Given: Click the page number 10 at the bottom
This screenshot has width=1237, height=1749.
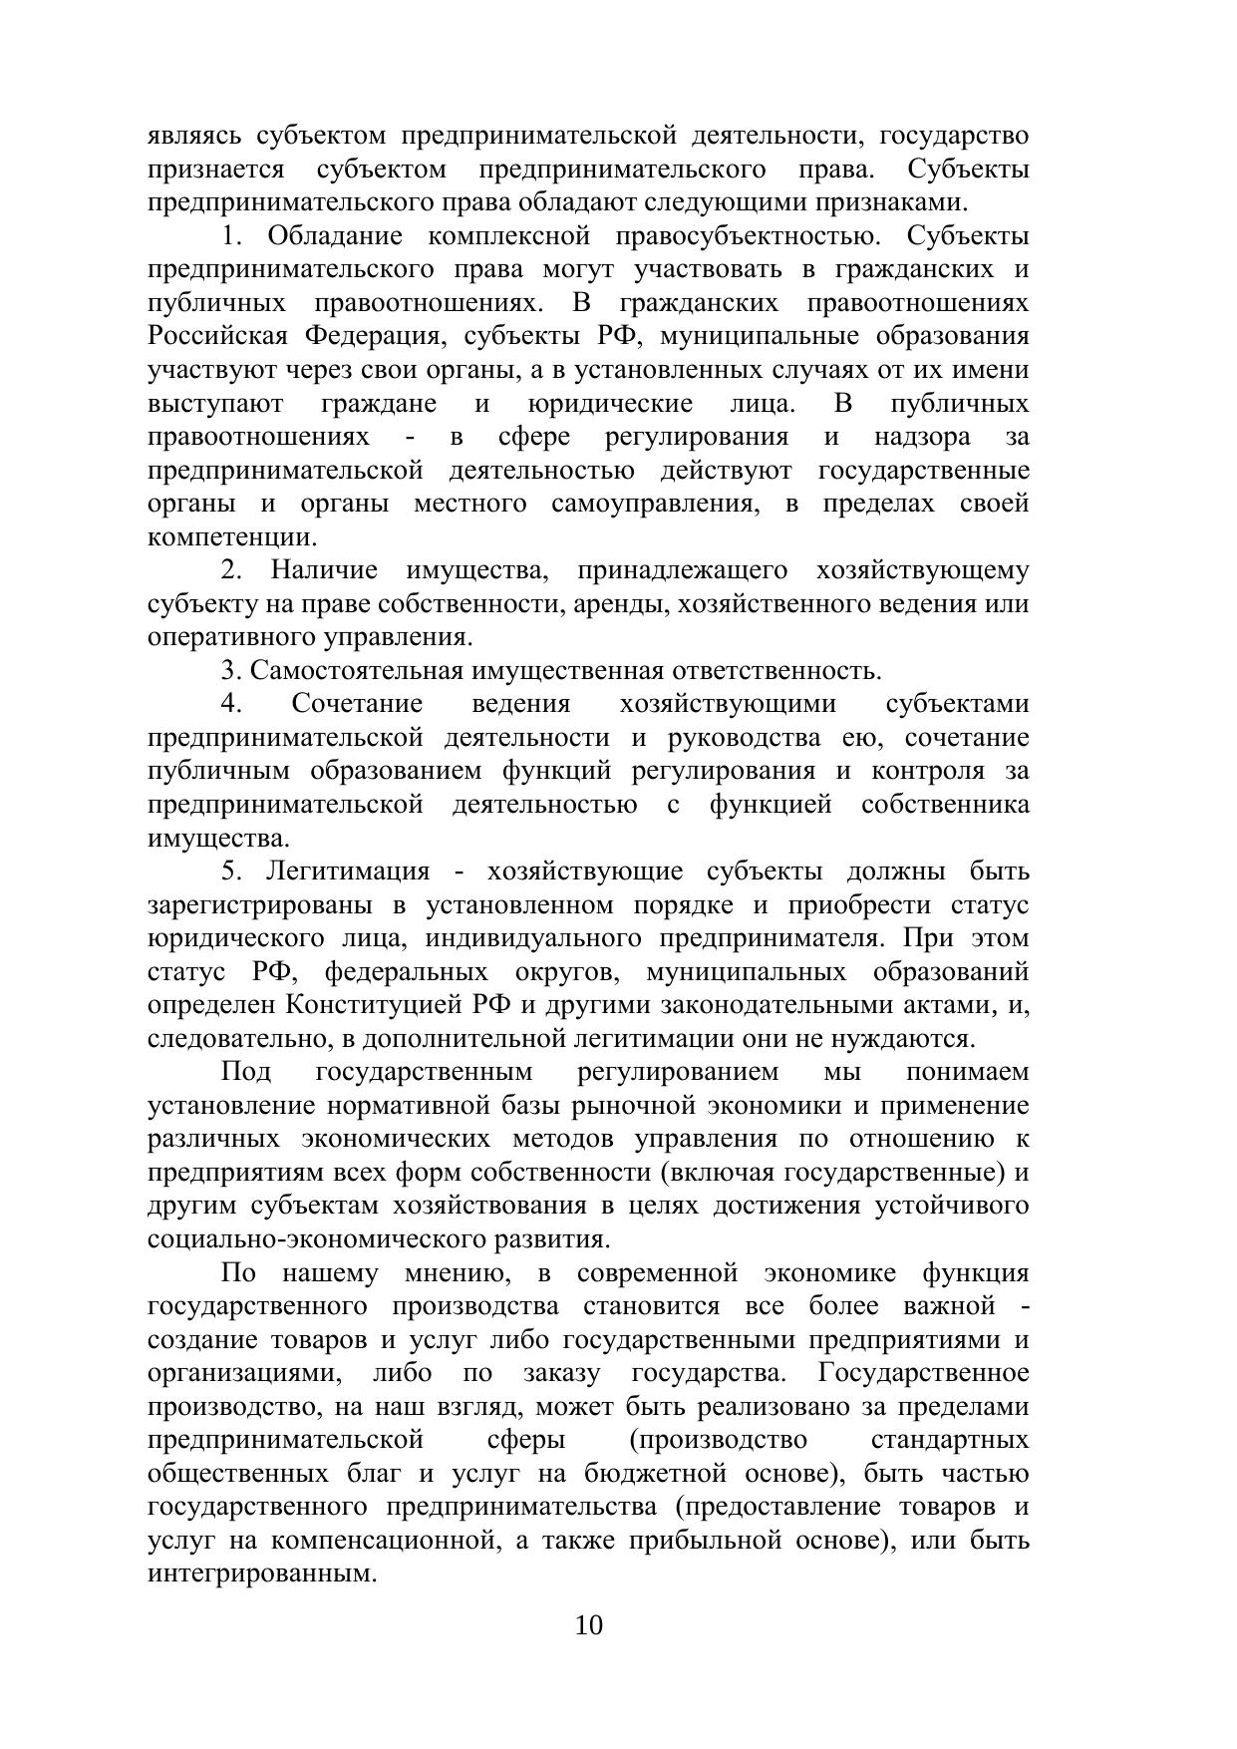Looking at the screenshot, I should [589, 1625].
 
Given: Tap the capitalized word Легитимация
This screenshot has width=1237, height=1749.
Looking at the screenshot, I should [348, 872].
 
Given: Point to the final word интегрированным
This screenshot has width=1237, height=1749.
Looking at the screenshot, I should [260, 1574].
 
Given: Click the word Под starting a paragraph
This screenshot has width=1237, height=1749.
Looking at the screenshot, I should [245, 1072].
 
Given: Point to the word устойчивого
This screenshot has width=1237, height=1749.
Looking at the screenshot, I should [952, 1206].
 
